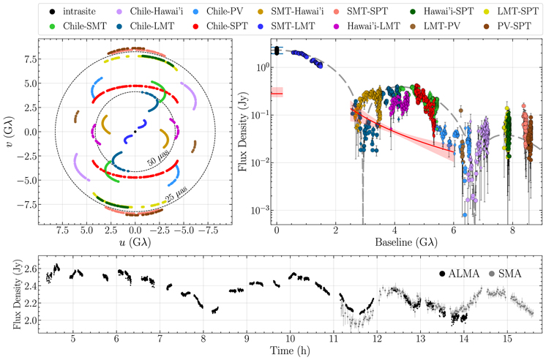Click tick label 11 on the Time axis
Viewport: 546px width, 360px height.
(333, 340)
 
